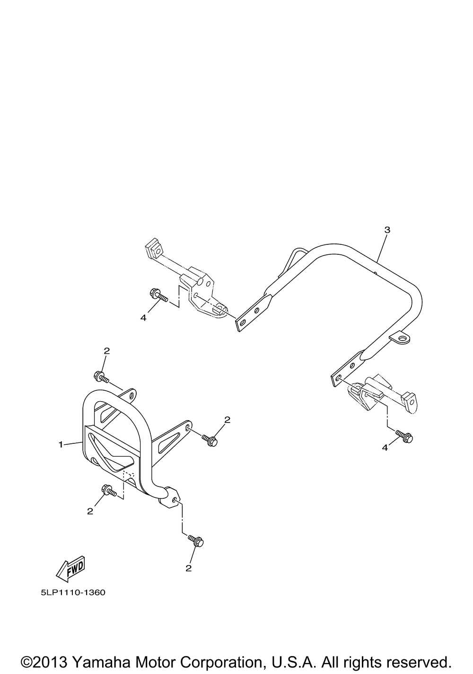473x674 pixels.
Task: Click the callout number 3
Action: [x=387, y=230]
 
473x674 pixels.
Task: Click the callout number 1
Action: [x=61, y=444]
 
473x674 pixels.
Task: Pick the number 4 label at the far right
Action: [x=385, y=448]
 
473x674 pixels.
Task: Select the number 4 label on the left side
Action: [x=143, y=317]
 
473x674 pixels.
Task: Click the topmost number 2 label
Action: [x=107, y=351]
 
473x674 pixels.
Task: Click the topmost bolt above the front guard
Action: [x=101, y=376]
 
